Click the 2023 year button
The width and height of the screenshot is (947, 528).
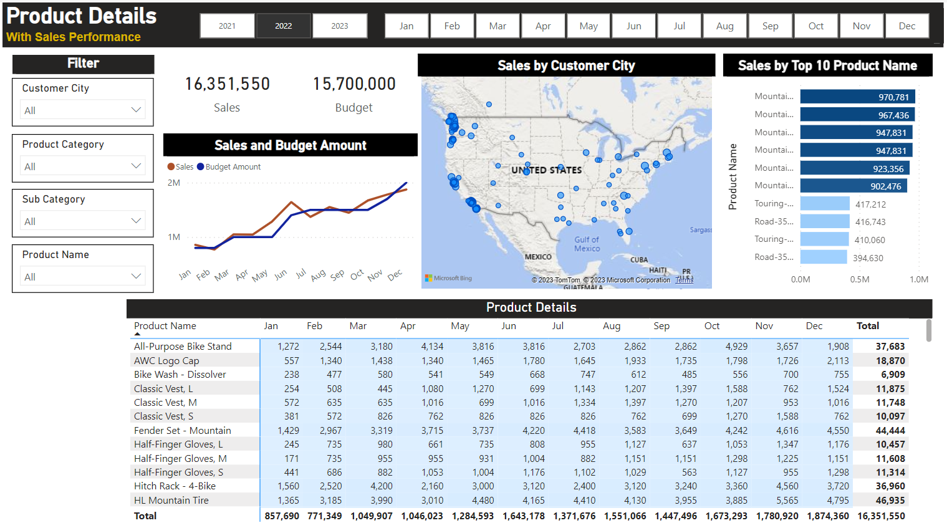point(340,26)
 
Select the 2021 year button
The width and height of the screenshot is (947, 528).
point(228,26)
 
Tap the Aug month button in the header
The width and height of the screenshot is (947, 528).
point(724,26)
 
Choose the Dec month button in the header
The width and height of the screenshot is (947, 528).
point(906,26)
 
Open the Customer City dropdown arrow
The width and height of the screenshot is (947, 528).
point(136,110)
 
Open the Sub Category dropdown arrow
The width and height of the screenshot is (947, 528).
point(136,221)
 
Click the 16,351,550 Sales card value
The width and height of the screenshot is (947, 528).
point(227,84)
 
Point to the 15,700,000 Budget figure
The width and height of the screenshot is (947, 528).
point(354,84)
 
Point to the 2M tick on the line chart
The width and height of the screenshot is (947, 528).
point(174,183)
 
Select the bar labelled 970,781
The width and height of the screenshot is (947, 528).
point(857,97)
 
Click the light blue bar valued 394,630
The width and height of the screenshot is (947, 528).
point(823,257)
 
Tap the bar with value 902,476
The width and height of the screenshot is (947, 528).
point(853,186)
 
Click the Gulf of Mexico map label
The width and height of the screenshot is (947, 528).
point(587,244)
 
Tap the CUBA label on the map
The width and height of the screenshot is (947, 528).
point(638,260)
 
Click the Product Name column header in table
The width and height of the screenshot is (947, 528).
point(165,326)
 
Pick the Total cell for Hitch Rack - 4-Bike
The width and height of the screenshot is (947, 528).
point(890,486)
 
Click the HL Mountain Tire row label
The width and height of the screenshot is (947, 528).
point(171,501)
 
